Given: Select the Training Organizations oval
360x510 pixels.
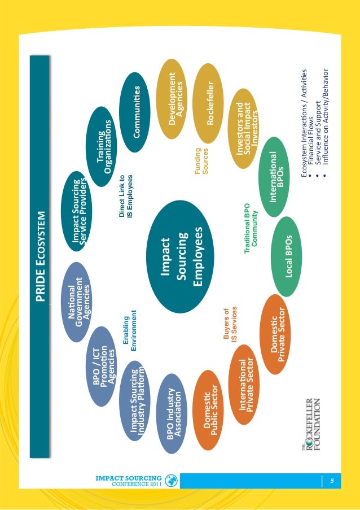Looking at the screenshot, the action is (x=103, y=143).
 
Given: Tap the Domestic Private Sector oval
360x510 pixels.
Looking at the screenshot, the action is (x=276, y=335).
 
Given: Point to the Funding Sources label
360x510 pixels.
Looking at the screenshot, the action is (x=201, y=162).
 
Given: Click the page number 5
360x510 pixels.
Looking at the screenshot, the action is (x=332, y=481).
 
